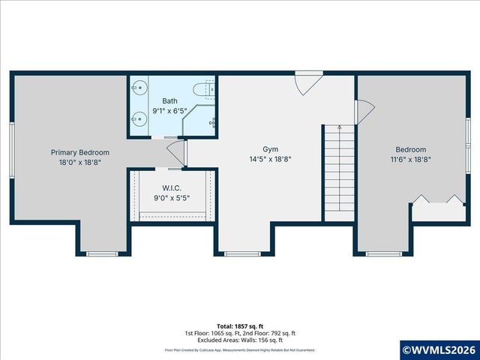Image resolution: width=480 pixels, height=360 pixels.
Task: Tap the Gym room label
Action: [x=270, y=149]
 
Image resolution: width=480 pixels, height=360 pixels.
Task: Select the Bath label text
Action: [x=169, y=100]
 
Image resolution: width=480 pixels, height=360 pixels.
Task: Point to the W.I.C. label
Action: [x=172, y=188]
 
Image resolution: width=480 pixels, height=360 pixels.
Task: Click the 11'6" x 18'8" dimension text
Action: [x=410, y=159]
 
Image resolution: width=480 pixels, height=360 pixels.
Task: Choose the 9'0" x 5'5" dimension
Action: [x=172, y=198]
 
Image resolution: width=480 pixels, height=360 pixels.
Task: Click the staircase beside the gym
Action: [x=339, y=172]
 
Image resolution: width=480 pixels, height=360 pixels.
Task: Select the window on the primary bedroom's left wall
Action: [x=11, y=146]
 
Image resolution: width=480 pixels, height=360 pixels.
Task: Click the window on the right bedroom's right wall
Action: [x=467, y=134]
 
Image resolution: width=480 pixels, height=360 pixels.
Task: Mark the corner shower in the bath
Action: [x=202, y=120]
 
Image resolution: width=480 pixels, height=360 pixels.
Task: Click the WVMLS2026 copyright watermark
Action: [x=440, y=349]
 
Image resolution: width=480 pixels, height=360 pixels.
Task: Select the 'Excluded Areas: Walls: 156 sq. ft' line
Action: [x=240, y=339]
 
